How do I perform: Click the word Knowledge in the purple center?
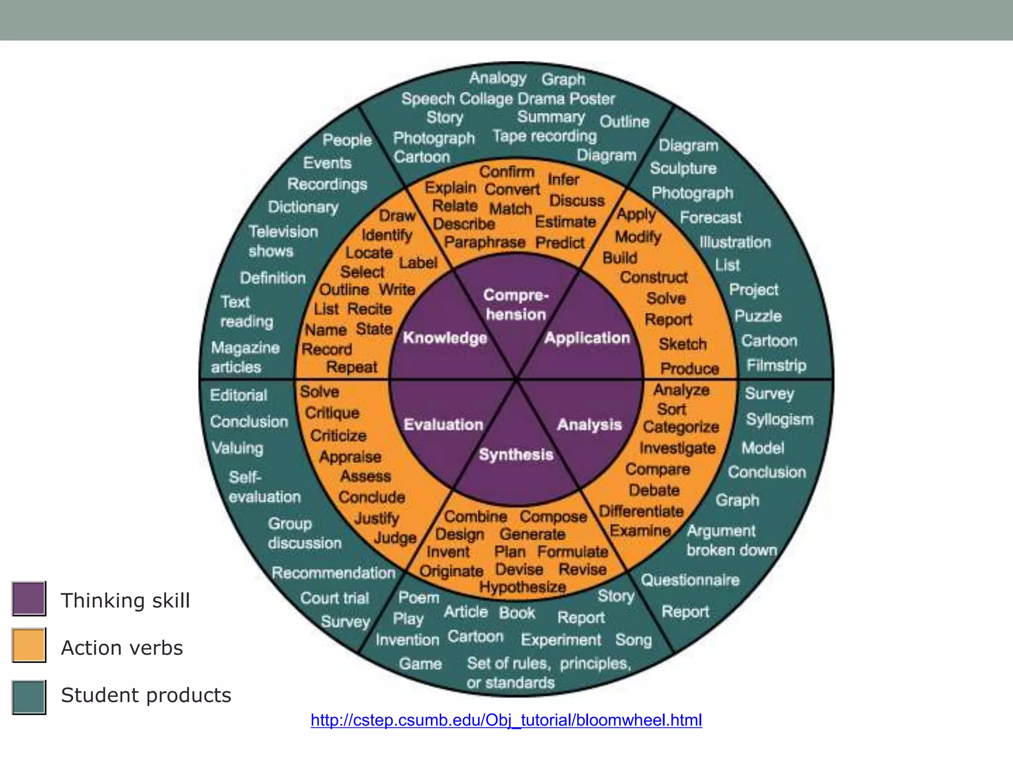445,338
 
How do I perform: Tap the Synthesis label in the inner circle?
516,454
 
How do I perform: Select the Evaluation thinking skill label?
443,425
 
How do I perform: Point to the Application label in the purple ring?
587,338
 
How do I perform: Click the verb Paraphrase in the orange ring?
484,242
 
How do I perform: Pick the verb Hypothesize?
522,587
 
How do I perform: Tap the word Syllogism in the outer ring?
780,420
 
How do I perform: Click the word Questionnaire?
690,580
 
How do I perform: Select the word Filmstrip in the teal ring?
776,365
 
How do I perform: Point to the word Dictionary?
303,207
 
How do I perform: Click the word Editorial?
238,395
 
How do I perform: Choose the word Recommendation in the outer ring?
333,573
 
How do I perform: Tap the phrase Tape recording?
545,136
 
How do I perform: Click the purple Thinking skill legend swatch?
29,599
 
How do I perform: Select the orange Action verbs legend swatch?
29,645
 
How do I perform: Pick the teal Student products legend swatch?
29,697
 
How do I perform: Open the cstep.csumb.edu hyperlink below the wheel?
506,720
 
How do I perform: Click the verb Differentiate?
641,511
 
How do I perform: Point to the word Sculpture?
683,169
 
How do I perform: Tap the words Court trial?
334,598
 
